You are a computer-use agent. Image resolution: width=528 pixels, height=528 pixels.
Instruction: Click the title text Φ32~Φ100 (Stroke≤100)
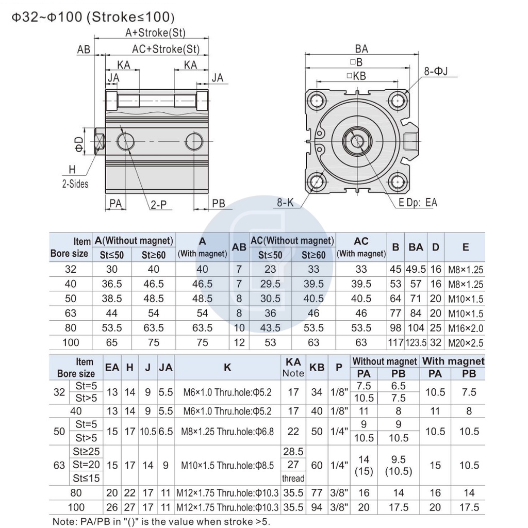pos(93,16)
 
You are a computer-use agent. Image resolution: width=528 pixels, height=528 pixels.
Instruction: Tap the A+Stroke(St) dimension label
pos(155,32)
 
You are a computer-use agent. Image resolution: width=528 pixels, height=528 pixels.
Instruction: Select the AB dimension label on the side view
pos(84,49)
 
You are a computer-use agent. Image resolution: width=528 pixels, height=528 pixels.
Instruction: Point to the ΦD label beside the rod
pos(79,144)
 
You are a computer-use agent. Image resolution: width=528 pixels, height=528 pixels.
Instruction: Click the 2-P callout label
pos(158,204)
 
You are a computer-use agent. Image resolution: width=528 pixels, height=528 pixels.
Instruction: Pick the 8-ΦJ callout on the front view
pos(436,71)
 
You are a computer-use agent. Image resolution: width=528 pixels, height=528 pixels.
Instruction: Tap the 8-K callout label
pos(285,202)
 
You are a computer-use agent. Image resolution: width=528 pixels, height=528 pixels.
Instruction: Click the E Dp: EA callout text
pos(418,202)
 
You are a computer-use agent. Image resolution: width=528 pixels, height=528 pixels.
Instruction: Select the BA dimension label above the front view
pos(361,49)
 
